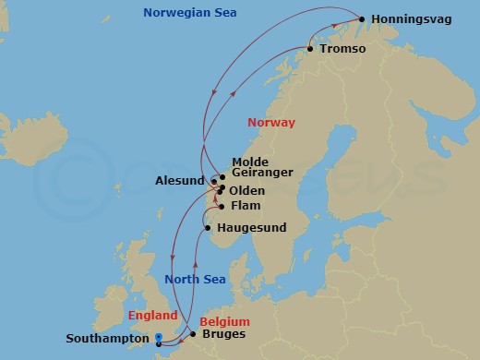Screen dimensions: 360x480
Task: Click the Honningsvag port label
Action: pyautogui.click(x=414, y=19)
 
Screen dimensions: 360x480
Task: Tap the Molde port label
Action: pyautogui.click(x=250, y=161)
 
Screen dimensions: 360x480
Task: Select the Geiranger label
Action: pyautogui.click(x=263, y=174)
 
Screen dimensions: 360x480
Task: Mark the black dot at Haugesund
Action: pyautogui.click(x=209, y=227)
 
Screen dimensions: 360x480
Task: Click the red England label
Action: pyautogui.click(x=152, y=314)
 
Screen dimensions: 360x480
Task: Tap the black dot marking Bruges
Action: pyautogui.click(x=193, y=334)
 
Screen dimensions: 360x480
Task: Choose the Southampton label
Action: pyautogui.click(x=105, y=339)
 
